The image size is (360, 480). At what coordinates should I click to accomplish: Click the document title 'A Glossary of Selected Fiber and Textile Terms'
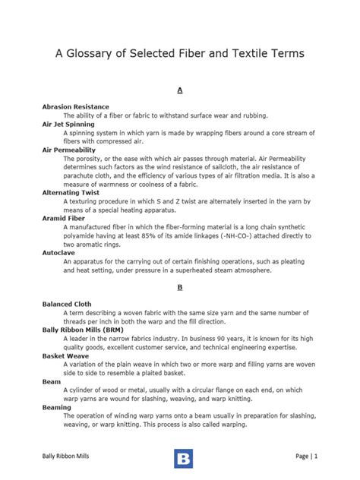click(x=180, y=53)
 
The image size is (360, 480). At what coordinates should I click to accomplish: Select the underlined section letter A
click(x=180, y=90)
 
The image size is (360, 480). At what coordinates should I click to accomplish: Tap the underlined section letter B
click(x=180, y=288)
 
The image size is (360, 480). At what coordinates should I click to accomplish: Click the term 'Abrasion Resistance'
click(x=76, y=107)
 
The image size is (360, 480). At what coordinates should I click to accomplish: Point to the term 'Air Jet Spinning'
click(x=68, y=124)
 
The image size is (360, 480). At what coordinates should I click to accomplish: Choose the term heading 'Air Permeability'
click(x=69, y=150)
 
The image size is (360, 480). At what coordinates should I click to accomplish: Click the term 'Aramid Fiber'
click(x=65, y=218)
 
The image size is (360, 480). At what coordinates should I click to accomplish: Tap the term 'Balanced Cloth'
click(x=68, y=305)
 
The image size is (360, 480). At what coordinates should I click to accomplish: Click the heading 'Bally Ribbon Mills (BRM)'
click(x=85, y=330)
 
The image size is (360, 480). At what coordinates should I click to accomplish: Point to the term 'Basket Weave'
click(x=65, y=356)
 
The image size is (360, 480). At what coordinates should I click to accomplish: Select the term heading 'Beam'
click(x=51, y=382)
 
